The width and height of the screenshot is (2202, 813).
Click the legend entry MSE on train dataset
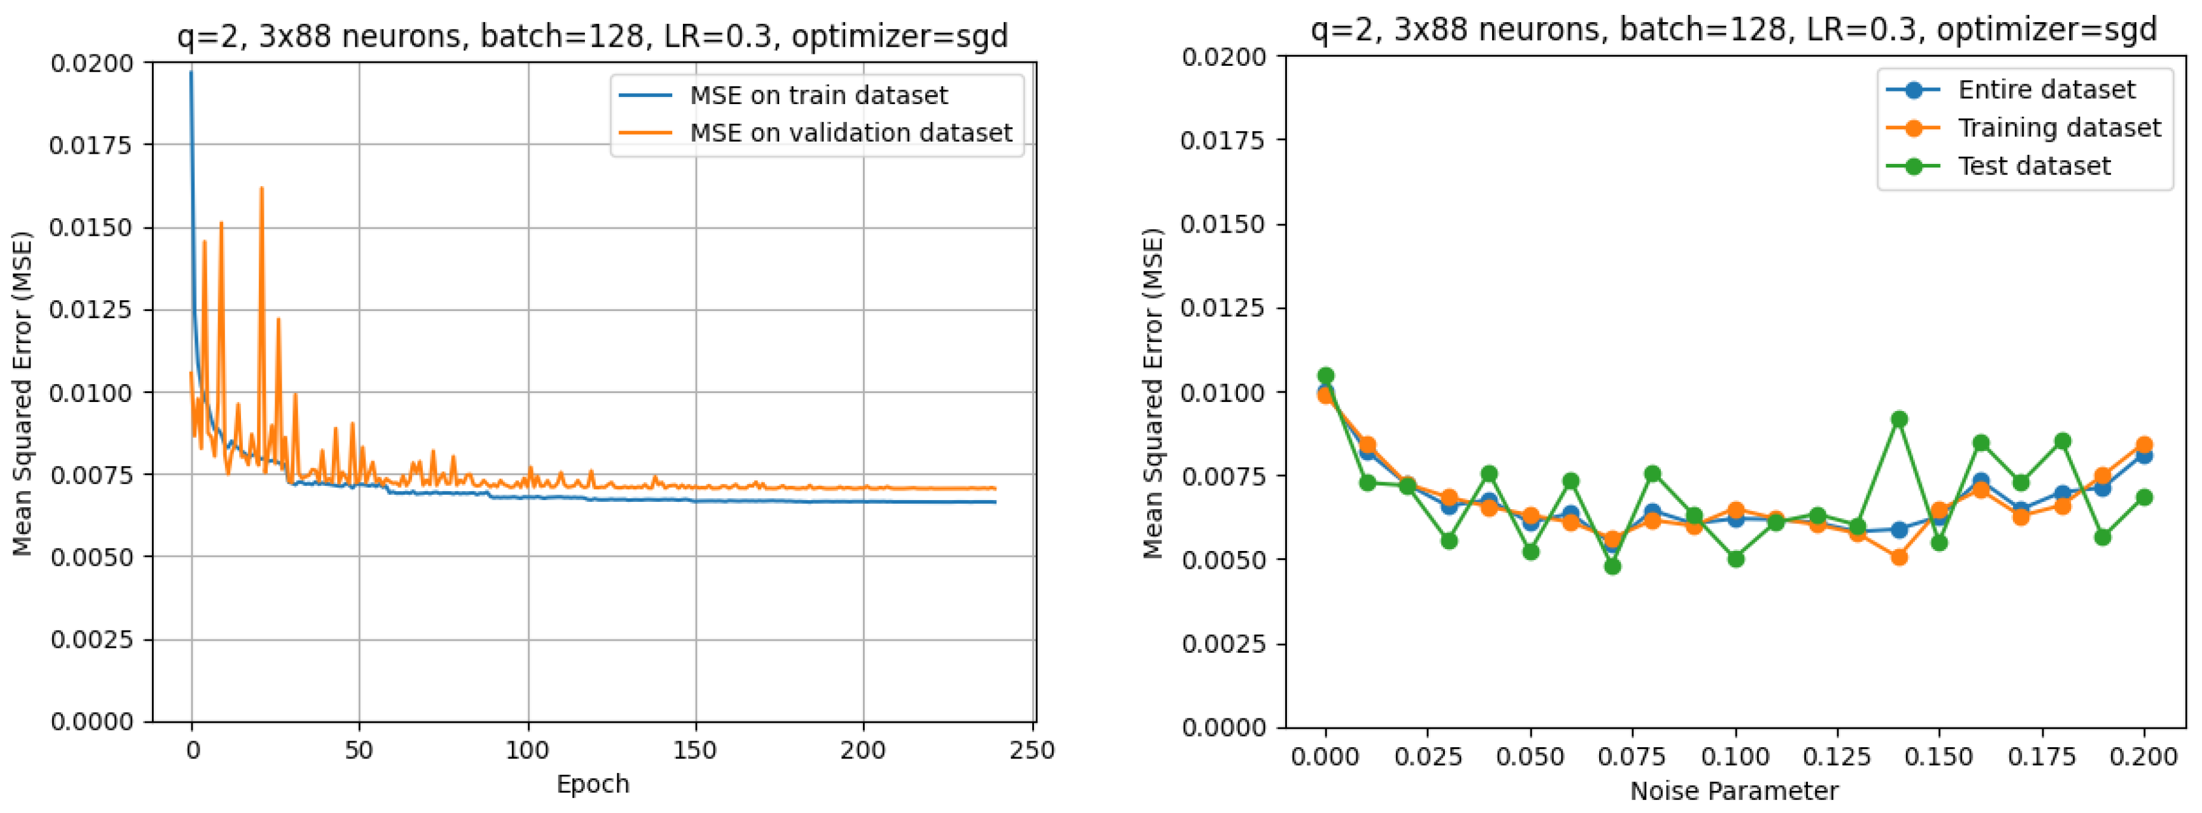pos(818,95)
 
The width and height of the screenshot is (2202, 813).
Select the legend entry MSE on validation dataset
pos(850,132)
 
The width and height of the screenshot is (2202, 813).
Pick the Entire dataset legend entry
pos(2047,90)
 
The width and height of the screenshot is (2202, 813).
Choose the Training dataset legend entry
pos(2058,127)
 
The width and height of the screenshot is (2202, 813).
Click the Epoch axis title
pos(593,784)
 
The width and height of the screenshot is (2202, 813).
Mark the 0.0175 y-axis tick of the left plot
pos(92,145)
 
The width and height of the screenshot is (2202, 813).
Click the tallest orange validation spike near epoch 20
pos(261,188)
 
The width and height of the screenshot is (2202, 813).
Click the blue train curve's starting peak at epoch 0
pos(191,72)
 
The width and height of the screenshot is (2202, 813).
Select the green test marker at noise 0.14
pos(1899,419)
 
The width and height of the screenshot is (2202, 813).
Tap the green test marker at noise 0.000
pos(1326,375)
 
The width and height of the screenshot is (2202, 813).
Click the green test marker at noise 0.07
pos(1612,566)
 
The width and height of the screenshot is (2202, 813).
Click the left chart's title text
pos(593,36)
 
